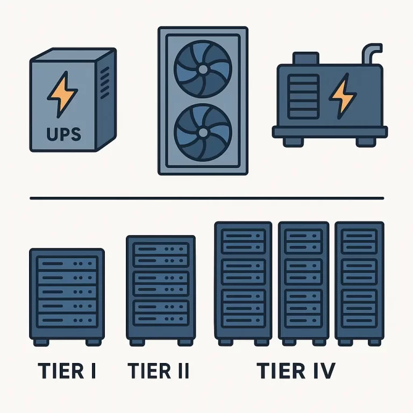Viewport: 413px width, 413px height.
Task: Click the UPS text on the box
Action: point(63,134)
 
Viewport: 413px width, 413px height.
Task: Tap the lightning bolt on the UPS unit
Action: point(62,94)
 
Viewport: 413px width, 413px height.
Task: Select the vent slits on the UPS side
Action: point(104,82)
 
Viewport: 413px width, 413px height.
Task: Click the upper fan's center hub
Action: point(203,69)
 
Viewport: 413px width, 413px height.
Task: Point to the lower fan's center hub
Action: point(203,132)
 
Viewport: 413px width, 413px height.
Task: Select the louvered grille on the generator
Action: point(303,96)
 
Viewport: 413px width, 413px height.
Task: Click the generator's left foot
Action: point(293,142)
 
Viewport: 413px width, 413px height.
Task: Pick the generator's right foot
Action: point(366,142)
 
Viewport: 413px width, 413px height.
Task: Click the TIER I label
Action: point(67,371)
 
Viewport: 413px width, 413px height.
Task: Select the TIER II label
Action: point(158,371)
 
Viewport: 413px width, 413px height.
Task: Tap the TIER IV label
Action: point(296,371)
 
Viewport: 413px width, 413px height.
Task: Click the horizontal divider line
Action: point(206,198)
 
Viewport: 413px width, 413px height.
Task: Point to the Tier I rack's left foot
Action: point(41,342)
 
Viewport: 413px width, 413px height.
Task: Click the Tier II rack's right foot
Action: point(186,342)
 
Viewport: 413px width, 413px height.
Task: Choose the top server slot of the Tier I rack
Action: point(67,264)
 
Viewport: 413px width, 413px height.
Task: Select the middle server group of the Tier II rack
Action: point(161,284)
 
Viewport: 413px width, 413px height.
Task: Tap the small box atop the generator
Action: point(306,58)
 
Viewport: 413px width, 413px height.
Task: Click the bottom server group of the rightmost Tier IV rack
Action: point(360,309)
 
